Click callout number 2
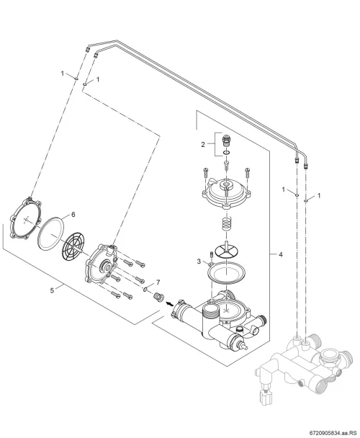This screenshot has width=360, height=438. [203, 144]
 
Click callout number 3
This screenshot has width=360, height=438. [199, 262]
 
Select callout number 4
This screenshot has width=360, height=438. [281, 254]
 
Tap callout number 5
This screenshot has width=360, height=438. [52, 290]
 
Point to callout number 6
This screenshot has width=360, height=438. [73, 214]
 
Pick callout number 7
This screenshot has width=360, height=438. [158, 282]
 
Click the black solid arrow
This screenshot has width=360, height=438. [169, 303]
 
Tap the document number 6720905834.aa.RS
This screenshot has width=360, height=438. [336, 433]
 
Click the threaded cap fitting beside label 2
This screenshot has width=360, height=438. [227, 140]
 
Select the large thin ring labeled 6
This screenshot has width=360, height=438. [50, 233]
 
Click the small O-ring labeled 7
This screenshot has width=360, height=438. [145, 290]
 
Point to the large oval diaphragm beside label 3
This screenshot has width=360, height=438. [226, 273]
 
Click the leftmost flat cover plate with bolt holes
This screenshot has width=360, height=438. [26, 218]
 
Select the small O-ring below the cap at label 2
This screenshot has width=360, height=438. [227, 153]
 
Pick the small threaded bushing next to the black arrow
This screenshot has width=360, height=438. [158, 298]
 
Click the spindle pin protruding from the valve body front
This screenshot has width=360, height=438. [244, 347]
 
